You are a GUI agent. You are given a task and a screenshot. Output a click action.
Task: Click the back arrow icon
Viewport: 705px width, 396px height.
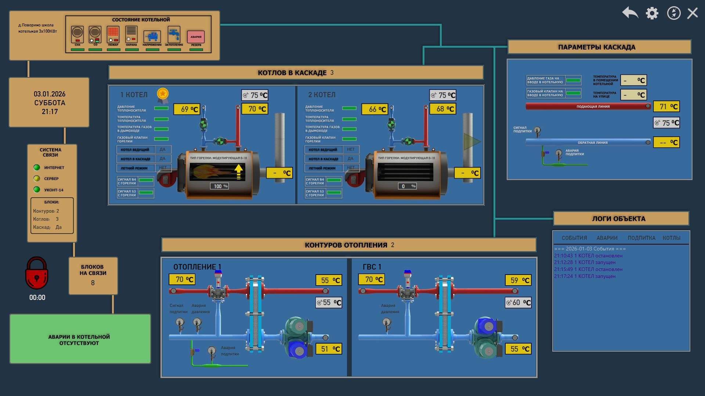click(x=630, y=13)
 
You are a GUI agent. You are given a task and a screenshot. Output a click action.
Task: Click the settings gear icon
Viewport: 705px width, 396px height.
click(x=652, y=13)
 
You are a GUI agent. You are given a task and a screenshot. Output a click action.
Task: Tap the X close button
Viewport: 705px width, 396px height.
click(x=693, y=13)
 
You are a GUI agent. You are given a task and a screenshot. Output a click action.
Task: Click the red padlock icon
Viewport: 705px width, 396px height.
click(x=37, y=273)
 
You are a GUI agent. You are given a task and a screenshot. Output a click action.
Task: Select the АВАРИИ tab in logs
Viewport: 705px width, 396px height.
click(x=607, y=238)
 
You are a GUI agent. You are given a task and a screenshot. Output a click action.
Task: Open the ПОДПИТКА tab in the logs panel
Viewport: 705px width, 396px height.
click(x=641, y=238)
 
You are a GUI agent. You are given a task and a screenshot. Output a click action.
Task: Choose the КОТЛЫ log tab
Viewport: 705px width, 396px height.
click(x=672, y=238)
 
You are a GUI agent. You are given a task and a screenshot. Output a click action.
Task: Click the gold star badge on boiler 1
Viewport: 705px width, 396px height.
click(x=163, y=94)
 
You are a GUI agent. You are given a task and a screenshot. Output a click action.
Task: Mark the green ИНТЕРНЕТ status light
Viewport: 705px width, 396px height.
click(x=37, y=168)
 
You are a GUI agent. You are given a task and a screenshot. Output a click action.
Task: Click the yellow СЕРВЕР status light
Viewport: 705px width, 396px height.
click(x=37, y=179)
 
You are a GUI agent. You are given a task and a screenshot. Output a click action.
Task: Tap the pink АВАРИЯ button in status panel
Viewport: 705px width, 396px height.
click(x=196, y=37)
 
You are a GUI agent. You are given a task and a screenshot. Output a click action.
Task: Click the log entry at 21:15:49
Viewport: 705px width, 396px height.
click(x=588, y=269)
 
